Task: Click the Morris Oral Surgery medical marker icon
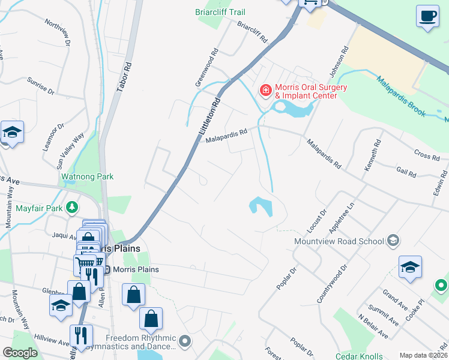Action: [265, 91]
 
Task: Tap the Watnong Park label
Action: [88, 177]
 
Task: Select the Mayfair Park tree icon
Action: [72, 208]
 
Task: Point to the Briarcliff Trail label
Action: [220, 12]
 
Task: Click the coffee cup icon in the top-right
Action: [427, 17]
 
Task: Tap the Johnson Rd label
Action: [341, 59]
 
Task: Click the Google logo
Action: [20, 353]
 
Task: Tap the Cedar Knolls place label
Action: [358, 356]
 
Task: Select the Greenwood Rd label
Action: [206, 65]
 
